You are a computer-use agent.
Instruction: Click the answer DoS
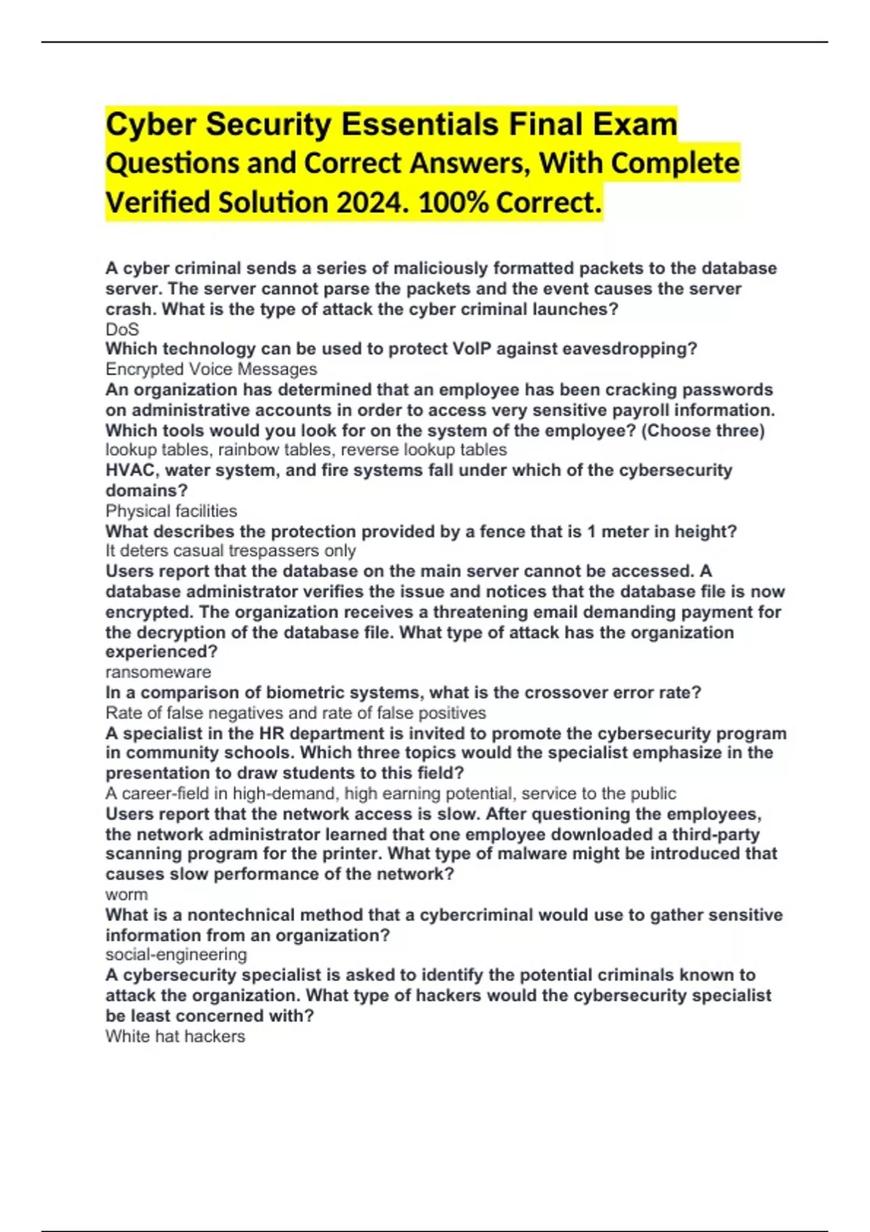(x=122, y=329)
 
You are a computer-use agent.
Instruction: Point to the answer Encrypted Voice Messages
(x=211, y=369)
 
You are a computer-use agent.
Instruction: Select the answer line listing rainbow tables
(x=306, y=449)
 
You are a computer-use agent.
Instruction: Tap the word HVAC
(x=130, y=470)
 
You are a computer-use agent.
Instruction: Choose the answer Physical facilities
(x=171, y=511)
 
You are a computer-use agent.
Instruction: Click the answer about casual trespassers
(x=231, y=551)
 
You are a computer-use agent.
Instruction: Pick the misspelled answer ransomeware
(x=158, y=672)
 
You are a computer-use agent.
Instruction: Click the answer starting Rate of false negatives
(x=296, y=713)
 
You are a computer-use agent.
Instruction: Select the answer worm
(x=126, y=894)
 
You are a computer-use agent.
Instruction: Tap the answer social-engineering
(x=176, y=954)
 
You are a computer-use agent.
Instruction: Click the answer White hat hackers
(x=175, y=1036)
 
